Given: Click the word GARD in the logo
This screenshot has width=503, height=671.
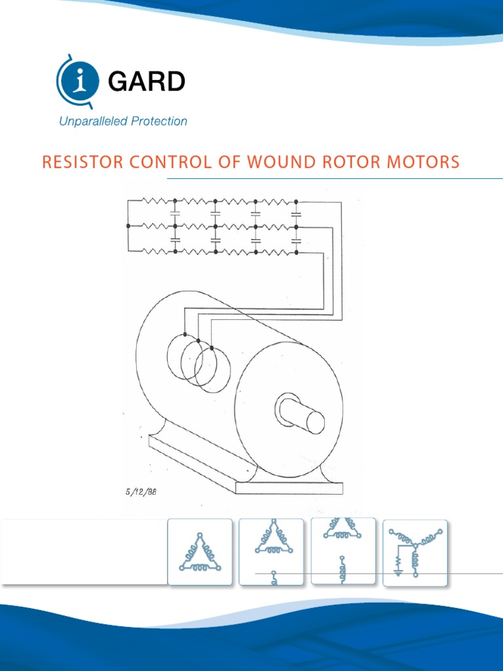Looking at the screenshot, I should click(x=146, y=82).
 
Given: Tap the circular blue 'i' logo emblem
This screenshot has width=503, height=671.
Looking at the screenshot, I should click(x=79, y=81).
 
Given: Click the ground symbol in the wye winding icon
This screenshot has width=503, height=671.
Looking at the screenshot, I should click(x=397, y=571).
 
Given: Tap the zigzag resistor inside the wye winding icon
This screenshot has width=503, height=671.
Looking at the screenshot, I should click(x=397, y=560).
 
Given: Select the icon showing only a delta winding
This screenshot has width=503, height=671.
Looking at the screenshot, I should click(x=200, y=552).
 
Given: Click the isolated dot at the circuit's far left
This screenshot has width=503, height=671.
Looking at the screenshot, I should click(x=128, y=226).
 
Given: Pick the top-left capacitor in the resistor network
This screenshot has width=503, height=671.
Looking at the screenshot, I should click(x=175, y=213).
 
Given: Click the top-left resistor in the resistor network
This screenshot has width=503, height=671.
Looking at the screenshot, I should click(x=152, y=201).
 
